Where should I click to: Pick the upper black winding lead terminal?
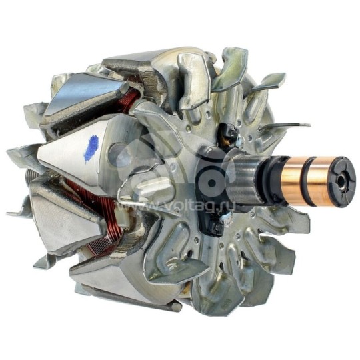pos(229,135)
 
